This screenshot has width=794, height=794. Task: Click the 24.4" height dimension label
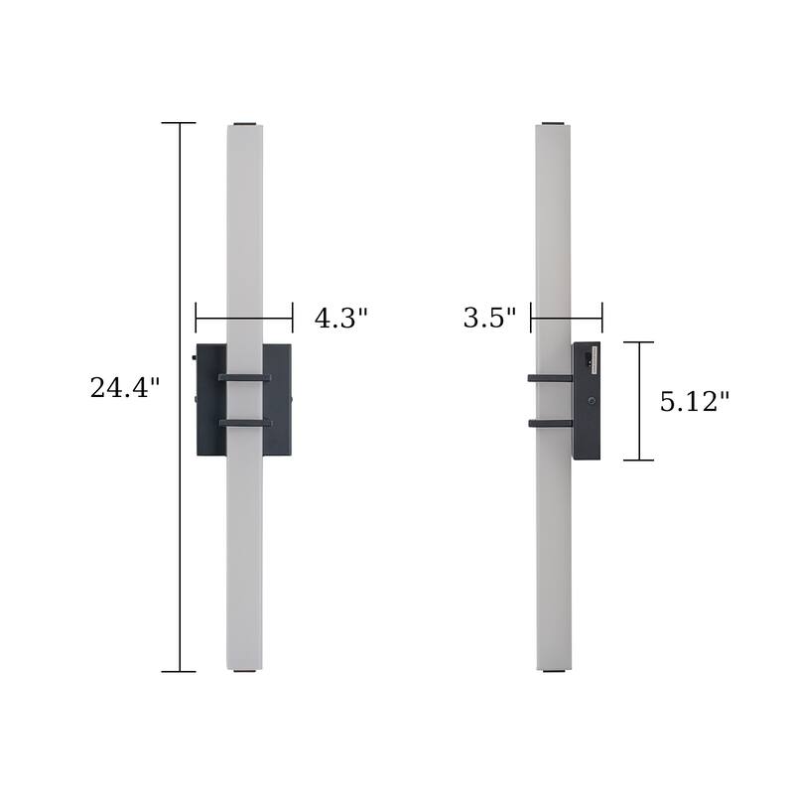(125, 388)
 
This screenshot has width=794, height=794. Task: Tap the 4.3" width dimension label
(340, 319)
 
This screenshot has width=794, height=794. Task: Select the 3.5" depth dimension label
(489, 319)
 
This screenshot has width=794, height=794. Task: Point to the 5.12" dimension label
(695, 401)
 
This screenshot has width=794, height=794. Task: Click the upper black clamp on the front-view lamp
(244, 377)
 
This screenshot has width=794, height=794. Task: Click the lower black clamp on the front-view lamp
(244, 423)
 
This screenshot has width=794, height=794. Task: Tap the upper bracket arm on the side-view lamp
(550, 378)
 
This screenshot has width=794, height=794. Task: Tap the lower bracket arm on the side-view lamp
(550, 423)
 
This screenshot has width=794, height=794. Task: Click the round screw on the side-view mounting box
(592, 401)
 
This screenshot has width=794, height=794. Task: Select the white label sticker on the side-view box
(595, 358)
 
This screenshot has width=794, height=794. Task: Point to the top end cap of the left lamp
(244, 124)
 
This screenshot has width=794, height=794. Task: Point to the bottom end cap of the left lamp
(244, 671)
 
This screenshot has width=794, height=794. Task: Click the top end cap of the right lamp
(553, 124)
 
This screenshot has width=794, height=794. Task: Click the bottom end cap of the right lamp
(553, 671)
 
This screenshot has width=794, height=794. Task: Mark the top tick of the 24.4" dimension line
(179, 123)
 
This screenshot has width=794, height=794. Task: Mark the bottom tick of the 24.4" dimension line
(179, 672)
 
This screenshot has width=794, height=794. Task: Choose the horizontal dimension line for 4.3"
(244, 319)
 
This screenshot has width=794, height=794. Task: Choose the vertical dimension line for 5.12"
(639, 401)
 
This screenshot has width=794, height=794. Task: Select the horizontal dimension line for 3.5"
(566, 319)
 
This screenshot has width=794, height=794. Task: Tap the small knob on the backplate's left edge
(194, 357)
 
